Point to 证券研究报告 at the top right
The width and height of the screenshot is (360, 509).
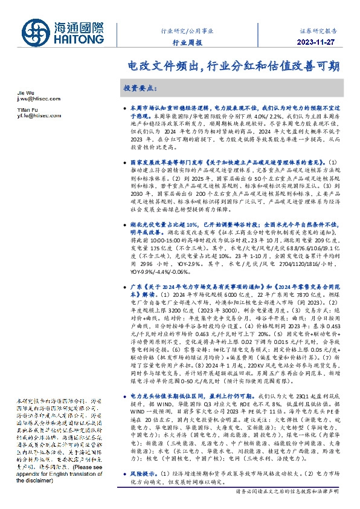tap(320, 31)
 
